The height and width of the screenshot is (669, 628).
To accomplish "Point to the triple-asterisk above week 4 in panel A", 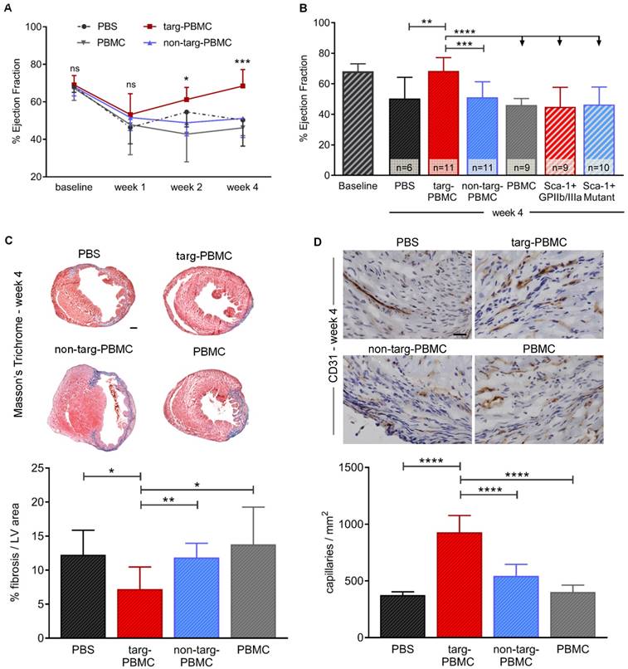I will click(265, 62).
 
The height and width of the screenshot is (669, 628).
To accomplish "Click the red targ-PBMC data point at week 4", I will click(265, 85).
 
